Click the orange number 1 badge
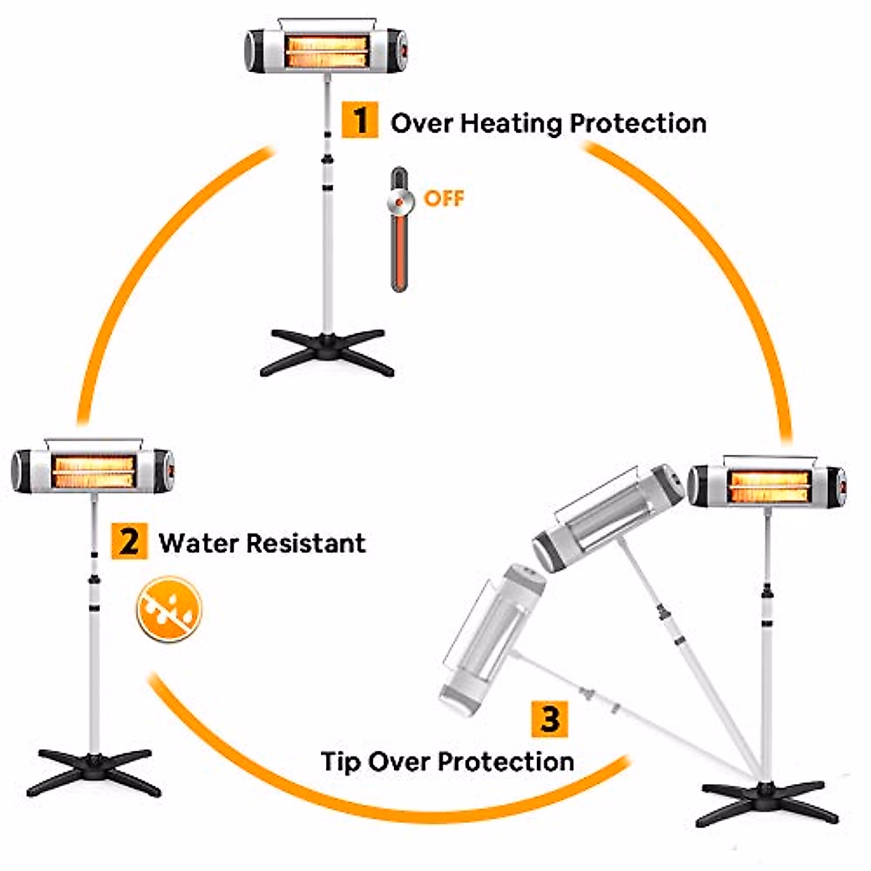tap(360, 120)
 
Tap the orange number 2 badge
tap(129, 541)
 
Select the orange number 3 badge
tap(549, 719)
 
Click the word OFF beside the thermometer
tap(443, 198)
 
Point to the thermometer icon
tap(399, 229)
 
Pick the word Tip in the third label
tap(340, 762)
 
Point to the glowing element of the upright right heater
tap(769, 486)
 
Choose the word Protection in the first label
tap(637, 123)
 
